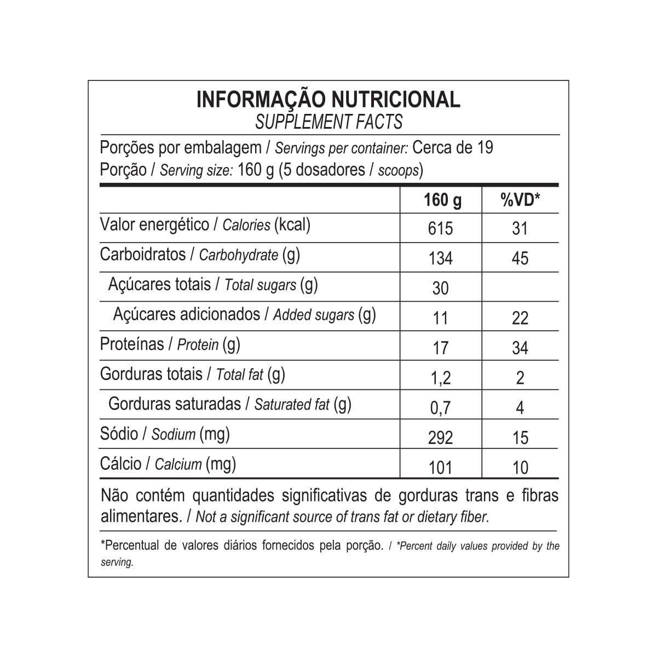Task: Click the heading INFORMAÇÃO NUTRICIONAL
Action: (328, 100)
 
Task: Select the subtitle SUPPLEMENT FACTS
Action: (328, 122)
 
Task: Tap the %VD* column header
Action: (520, 200)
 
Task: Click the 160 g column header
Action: (442, 200)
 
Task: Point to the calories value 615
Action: (441, 228)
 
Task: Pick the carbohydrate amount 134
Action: (441, 258)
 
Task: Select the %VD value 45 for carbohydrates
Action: (520, 258)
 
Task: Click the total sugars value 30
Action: (441, 288)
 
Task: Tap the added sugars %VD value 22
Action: (520, 318)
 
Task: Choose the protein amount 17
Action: (441, 348)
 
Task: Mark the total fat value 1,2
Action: (441, 378)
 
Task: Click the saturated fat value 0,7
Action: (441, 407)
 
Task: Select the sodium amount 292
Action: (441, 437)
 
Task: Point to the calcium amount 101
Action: (441, 467)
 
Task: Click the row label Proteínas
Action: (132, 344)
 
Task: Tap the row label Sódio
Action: (119, 434)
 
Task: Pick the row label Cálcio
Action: (120, 464)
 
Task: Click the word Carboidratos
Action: (143, 255)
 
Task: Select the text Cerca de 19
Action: (452, 148)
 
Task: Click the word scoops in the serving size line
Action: (398, 170)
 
